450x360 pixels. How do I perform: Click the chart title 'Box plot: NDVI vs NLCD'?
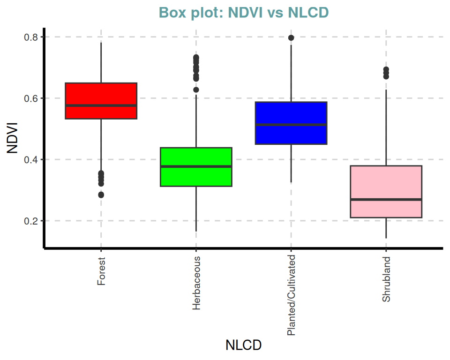[x=243, y=12]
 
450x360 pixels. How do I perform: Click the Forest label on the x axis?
[x=101, y=271]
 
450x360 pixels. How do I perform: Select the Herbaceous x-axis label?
[x=196, y=283]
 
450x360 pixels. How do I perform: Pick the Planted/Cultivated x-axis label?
[x=291, y=295]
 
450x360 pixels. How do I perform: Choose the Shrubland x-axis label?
[x=386, y=279]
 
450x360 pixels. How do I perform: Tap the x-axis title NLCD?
[x=243, y=345]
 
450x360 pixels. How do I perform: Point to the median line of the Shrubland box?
[x=386, y=200]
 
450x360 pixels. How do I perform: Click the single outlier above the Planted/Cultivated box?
[x=291, y=38]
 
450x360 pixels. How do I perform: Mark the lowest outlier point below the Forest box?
[x=101, y=195]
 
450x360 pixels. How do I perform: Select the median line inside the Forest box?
[x=101, y=105]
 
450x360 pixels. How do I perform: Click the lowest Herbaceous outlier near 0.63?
[x=196, y=90]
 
